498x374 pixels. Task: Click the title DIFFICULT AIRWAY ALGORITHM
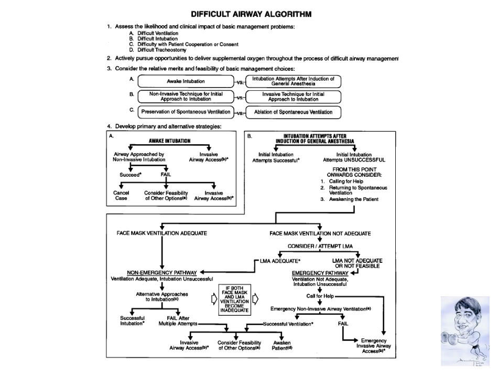point(251,14)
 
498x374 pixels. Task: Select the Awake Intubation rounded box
point(186,81)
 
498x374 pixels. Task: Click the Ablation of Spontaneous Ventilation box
point(293,112)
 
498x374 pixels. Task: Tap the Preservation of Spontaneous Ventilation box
point(186,112)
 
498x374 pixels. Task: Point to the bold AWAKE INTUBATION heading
point(169,141)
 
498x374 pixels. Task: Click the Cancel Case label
point(121,196)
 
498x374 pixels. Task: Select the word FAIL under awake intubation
point(166,175)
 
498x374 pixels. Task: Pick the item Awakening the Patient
point(356,199)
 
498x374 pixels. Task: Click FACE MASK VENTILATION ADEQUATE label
point(162,233)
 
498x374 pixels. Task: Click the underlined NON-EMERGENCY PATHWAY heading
point(162,273)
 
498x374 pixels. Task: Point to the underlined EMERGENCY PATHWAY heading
point(320,273)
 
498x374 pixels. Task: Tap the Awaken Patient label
point(282,346)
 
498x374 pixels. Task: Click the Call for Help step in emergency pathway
point(320,296)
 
